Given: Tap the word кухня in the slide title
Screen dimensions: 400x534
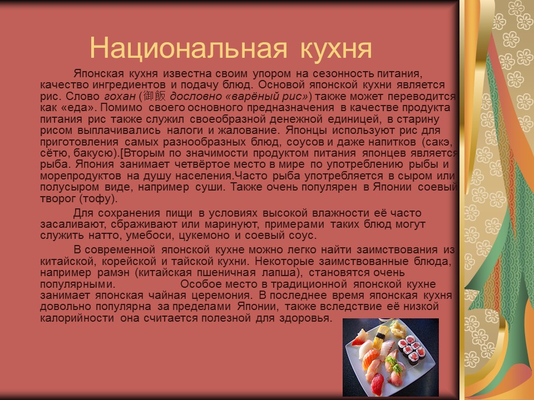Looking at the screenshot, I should point(335,49).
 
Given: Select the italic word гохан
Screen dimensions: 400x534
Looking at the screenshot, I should point(120,96).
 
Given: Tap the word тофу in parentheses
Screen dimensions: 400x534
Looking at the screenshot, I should point(97,198).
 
